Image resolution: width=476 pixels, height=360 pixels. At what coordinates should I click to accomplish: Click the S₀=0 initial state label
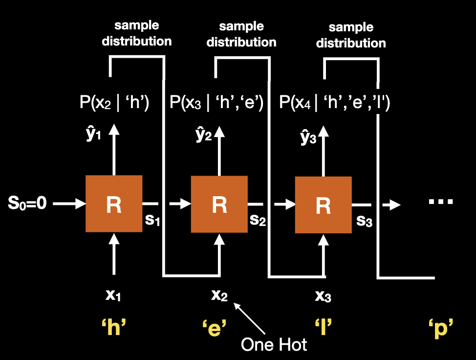[27, 203]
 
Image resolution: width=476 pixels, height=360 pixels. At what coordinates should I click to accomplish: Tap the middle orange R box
[219, 204]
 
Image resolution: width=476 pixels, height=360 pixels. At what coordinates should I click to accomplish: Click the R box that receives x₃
[323, 205]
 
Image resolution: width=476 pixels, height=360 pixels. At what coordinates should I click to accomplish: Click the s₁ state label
[153, 219]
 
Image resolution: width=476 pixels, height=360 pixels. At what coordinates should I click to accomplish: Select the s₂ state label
[258, 220]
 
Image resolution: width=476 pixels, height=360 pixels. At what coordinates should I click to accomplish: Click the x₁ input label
[113, 295]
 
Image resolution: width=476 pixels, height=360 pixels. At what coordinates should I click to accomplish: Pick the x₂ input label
[219, 295]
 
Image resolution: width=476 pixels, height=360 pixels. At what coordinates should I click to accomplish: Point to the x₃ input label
[323, 296]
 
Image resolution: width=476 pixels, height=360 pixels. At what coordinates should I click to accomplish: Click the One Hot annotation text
[274, 344]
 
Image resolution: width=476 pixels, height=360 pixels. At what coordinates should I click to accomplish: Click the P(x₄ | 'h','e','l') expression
[334, 104]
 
